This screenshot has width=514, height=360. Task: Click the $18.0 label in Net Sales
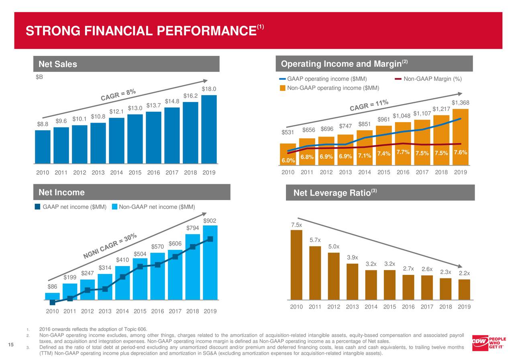[209, 89]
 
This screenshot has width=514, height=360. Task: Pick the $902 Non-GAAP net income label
[210, 221]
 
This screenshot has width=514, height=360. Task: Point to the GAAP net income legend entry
[70, 207]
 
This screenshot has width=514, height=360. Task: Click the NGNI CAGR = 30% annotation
[110, 246]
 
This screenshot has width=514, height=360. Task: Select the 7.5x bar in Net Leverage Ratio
[296, 265]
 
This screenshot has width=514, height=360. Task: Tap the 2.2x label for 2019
[464, 274]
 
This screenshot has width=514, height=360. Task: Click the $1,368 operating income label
[460, 103]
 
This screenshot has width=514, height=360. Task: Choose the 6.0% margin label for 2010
[288, 161]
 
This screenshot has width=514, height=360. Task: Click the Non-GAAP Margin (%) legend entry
[428, 79]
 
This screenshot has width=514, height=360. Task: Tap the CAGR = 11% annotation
[369, 106]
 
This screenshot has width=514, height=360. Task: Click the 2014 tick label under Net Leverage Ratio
[371, 307]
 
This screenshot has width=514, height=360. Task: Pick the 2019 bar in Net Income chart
[210, 263]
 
